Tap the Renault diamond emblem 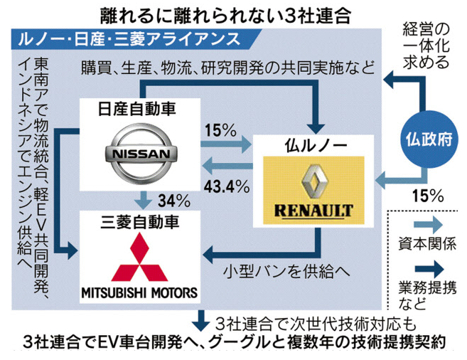[315, 182]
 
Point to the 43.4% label [225, 187]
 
